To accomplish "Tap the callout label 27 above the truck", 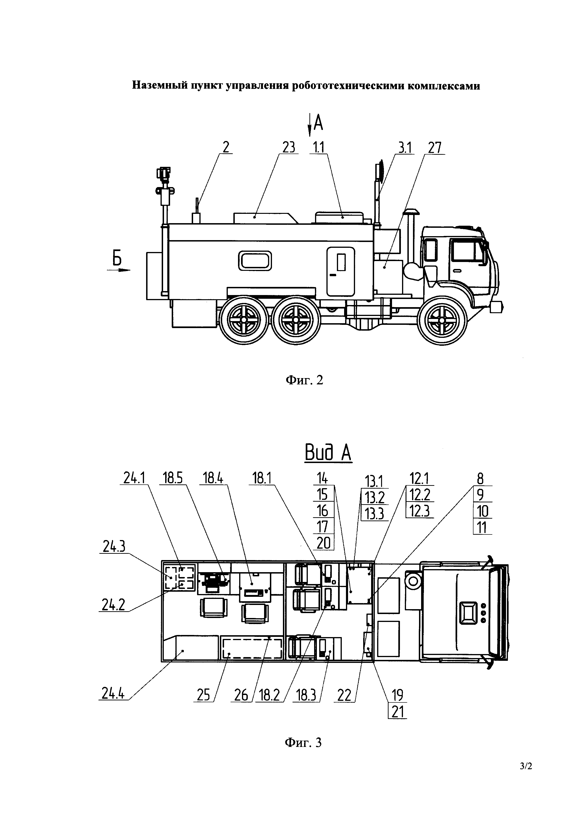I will (435, 148).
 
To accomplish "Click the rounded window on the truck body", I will (255, 261).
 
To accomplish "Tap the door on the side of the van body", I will (341, 272).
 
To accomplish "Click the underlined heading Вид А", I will (328, 454).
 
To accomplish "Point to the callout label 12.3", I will (419, 511).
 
